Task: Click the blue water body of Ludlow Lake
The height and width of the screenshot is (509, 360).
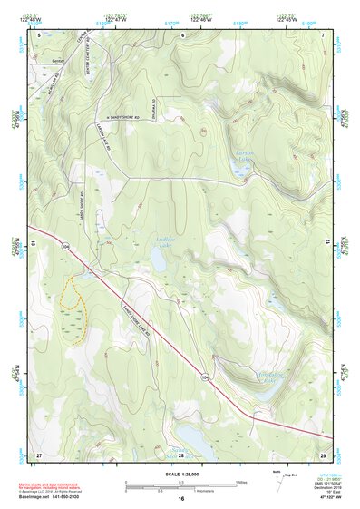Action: point(158,261)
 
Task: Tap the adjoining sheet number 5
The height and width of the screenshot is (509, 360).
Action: point(39,34)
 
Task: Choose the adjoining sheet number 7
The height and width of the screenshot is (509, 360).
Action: point(323,34)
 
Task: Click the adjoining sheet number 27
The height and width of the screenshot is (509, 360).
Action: point(39,454)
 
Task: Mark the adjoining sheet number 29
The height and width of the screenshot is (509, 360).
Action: point(323,454)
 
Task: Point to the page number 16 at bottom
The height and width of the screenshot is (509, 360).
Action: point(181,499)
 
